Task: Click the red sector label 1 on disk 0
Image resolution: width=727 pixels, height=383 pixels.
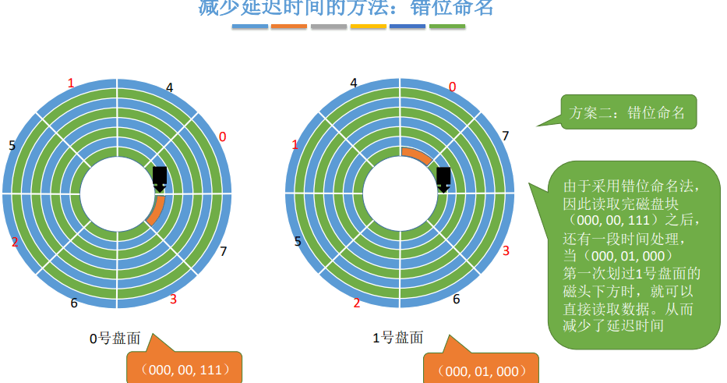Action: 71,83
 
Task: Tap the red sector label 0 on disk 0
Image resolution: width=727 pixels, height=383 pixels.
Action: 222,137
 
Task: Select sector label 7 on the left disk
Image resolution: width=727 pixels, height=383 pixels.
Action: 223,251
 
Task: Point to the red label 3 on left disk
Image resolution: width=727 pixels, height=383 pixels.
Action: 173,300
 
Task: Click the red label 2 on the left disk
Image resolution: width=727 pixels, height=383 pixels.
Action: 15,242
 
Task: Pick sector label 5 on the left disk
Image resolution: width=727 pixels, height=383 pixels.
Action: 12,145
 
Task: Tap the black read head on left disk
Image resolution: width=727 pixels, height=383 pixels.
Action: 160,178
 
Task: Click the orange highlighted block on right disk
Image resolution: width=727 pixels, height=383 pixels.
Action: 415,155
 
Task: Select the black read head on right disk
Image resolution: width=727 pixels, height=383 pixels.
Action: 443,179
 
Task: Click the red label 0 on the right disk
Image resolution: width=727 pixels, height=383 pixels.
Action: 452,87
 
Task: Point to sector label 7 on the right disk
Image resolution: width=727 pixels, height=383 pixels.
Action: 505,137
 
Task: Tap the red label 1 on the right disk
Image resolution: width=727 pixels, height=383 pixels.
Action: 295,145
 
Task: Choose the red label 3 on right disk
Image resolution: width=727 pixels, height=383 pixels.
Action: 505,250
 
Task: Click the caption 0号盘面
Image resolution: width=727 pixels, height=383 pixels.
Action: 115,339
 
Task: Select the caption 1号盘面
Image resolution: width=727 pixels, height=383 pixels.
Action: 397,338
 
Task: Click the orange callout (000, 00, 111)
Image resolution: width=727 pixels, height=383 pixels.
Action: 184,370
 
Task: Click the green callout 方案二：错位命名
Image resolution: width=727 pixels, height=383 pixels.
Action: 627,112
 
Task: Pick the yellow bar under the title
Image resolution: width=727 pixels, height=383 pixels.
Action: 368,27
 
